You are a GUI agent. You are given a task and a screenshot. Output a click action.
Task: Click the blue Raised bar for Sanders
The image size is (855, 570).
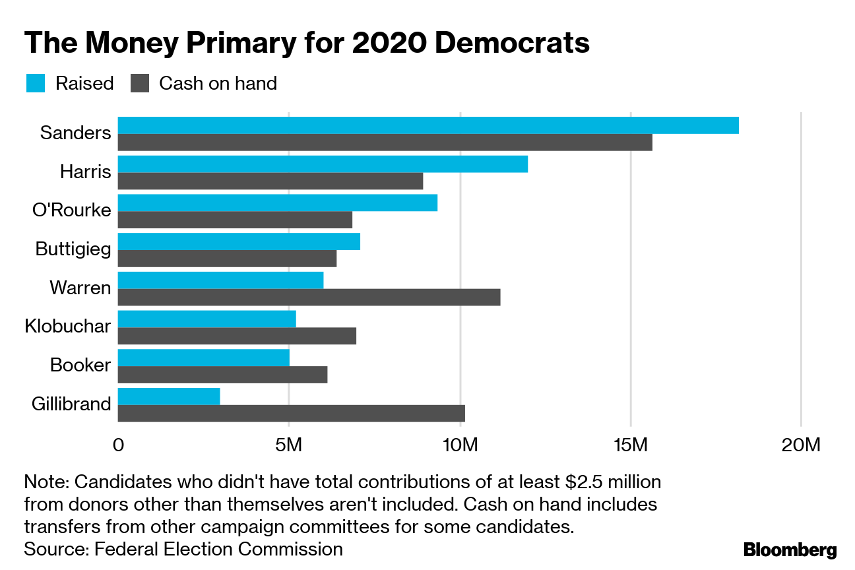tap(428, 125)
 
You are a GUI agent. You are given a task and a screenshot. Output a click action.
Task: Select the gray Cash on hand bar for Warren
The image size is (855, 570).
tap(309, 297)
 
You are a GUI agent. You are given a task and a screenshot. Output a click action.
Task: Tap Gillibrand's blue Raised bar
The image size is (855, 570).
tap(169, 396)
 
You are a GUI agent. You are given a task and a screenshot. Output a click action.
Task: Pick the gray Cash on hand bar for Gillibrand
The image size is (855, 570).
tap(292, 414)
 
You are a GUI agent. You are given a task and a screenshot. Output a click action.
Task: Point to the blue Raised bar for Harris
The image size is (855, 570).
tap(323, 164)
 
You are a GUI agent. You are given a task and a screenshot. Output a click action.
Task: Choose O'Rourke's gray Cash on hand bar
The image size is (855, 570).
tap(235, 220)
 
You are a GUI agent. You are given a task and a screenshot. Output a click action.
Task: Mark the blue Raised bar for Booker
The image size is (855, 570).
tap(204, 358)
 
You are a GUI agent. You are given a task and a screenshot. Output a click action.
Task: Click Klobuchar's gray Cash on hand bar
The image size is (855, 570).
tap(237, 336)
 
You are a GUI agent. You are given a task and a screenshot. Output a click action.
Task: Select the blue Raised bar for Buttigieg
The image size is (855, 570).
tap(239, 241)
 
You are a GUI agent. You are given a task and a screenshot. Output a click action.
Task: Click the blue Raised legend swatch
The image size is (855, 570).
tap(36, 84)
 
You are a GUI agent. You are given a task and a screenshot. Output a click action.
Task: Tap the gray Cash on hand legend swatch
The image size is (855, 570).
tap(140, 84)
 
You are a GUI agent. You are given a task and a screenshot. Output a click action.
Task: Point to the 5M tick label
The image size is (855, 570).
tap(288, 446)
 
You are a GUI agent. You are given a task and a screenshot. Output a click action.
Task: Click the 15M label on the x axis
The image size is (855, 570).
tap(630, 446)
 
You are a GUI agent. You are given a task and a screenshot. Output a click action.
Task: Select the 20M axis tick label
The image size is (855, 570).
tap(800, 446)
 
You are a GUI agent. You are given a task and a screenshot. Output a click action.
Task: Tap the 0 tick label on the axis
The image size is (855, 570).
tap(119, 446)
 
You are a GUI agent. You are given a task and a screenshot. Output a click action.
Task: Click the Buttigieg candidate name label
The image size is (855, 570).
tap(73, 249)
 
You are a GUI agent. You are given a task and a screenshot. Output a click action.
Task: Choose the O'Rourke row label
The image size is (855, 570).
tap(72, 210)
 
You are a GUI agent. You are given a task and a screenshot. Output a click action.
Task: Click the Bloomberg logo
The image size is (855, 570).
tap(790, 550)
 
